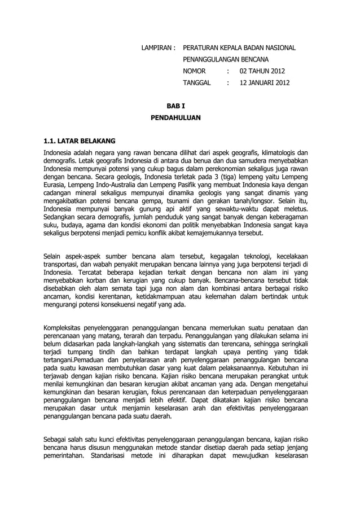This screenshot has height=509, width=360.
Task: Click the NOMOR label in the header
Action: coord(195,71)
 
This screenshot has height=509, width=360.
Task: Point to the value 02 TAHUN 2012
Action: coord(262,71)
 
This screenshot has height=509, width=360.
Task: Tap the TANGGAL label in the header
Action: coord(197,83)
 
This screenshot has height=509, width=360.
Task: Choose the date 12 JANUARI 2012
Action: coord(265,83)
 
